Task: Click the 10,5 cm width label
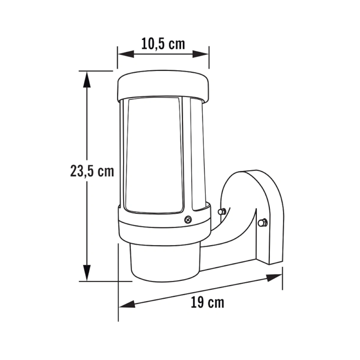click(x=163, y=44)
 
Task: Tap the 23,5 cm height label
click(x=92, y=171)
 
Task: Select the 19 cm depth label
click(x=207, y=303)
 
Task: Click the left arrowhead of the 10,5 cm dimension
click(x=126, y=54)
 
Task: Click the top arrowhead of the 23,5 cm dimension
click(x=87, y=80)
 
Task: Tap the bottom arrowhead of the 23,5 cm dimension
click(x=87, y=273)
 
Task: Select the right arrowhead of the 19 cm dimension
click(x=274, y=277)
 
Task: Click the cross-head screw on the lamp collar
click(x=188, y=219)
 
